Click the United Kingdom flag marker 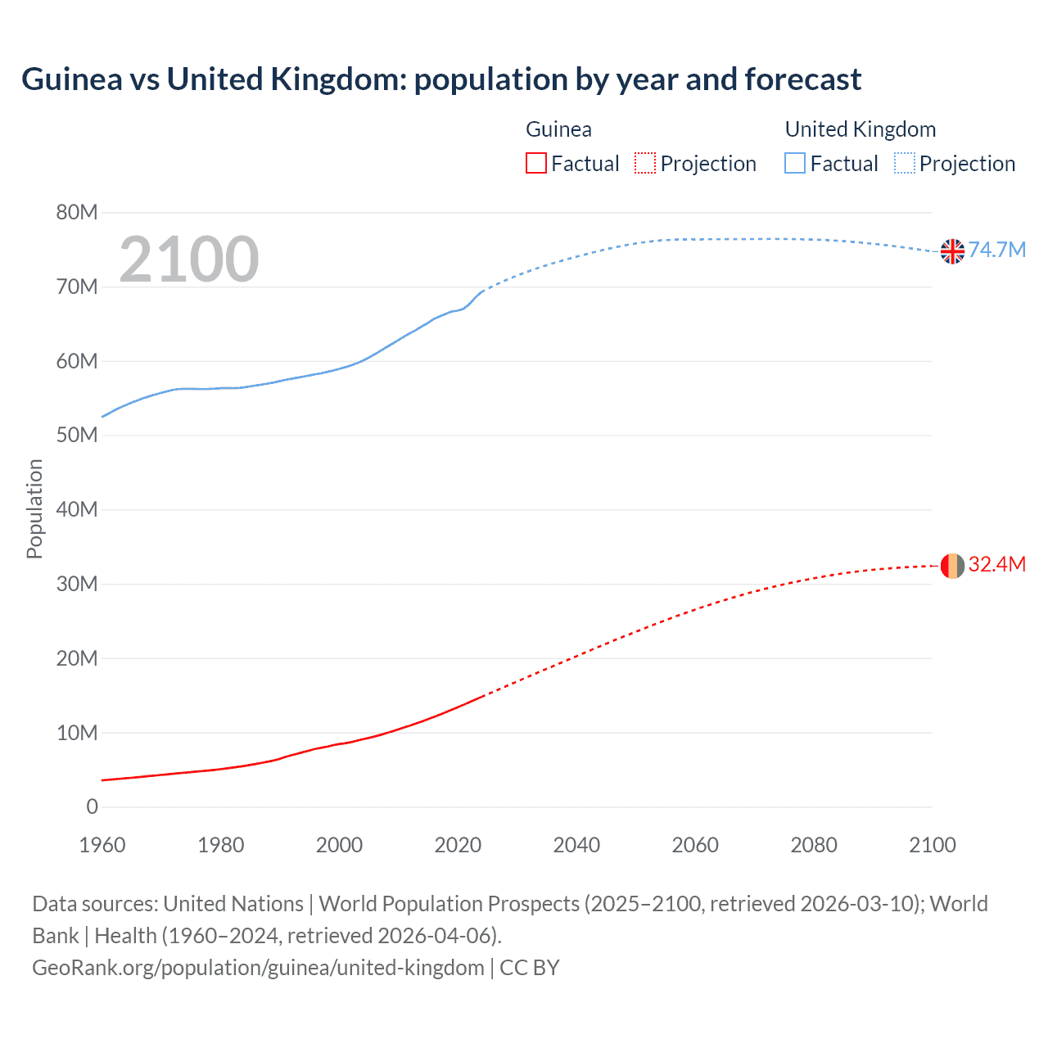point(952,251)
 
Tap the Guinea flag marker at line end point(952,566)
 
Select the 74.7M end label point(996,250)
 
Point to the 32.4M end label point(996,564)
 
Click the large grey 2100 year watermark point(189,260)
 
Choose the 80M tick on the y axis point(77,213)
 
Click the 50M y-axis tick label point(77,436)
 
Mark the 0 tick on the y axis point(92,807)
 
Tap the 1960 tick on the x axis point(102,845)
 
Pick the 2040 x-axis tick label point(576,845)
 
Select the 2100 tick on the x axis point(932,845)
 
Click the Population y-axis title point(34,508)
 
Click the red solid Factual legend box point(536,163)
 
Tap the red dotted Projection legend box point(645,163)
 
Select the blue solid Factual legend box point(795,163)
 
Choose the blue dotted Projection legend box point(904,163)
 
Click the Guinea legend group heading point(558,129)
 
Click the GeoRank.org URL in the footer point(258,968)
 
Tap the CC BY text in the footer point(530,968)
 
